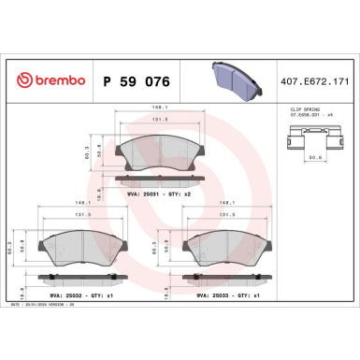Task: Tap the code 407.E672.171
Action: [316, 81]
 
